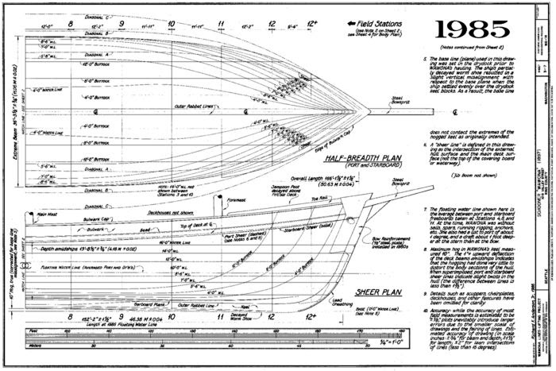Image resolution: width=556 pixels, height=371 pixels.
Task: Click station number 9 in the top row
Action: tap(122, 25)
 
